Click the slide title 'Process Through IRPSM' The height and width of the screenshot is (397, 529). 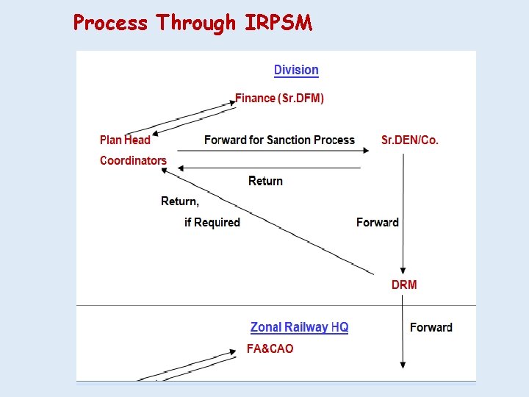(192, 23)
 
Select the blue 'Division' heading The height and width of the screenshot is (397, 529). (296, 71)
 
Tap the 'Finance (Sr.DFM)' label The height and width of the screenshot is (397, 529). (279, 98)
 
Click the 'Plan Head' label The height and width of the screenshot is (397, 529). (125, 140)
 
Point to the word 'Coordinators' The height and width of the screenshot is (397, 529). (133, 160)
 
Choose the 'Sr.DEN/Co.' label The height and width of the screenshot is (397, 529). (410, 140)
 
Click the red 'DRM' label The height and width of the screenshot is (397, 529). (403, 285)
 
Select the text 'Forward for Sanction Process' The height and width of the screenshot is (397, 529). (279, 140)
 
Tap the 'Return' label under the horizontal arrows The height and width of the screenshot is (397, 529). (265, 181)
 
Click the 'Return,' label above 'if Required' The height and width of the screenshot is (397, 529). (180, 201)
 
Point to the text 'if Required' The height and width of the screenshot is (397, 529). (212, 222)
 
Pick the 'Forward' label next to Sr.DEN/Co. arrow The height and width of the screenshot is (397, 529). (377, 222)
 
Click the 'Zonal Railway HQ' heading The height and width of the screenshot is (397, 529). (299, 327)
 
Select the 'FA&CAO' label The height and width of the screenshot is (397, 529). (270, 348)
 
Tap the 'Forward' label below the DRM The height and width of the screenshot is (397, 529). (431, 327)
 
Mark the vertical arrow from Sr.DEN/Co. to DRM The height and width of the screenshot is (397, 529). (403, 213)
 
